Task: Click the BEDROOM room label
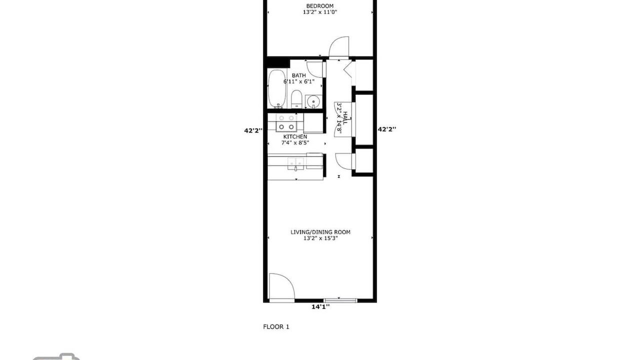tap(319, 5)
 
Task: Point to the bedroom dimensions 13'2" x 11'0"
tap(320, 12)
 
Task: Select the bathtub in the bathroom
tap(276, 88)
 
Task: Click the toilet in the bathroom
tap(296, 99)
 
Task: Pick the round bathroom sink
tap(313, 101)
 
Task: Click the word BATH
tap(298, 75)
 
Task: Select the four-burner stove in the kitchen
tap(286, 123)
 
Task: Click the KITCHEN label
tap(295, 136)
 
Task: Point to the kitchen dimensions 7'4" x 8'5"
tap(295, 142)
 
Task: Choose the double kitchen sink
tap(295, 162)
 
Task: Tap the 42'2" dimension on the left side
tap(253, 130)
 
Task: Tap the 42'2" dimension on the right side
tap(387, 129)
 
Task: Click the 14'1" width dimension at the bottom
tap(320, 307)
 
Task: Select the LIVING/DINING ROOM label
tap(320, 232)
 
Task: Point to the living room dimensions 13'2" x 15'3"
tap(320, 238)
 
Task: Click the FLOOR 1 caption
tap(276, 326)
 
